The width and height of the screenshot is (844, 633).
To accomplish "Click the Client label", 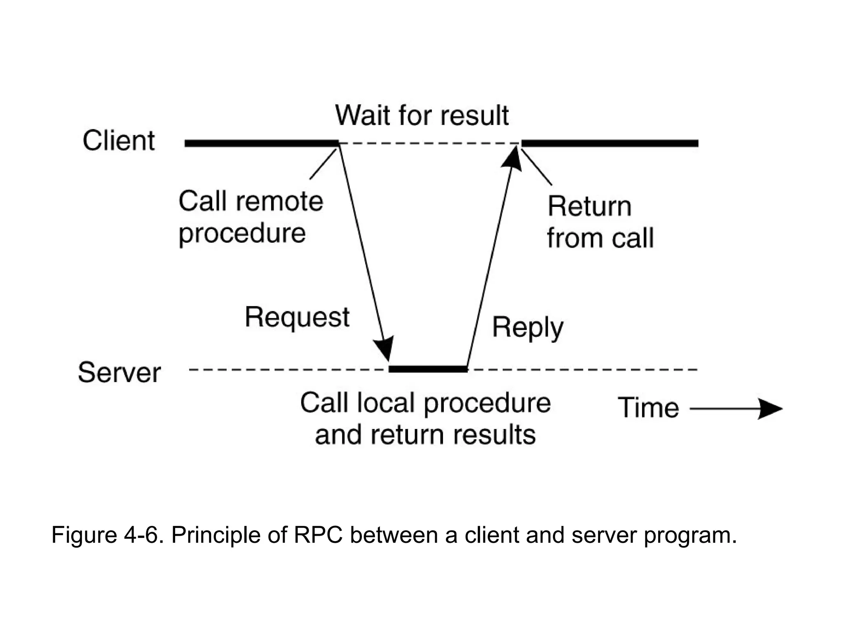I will (119, 141).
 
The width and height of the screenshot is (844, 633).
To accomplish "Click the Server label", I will (119, 373).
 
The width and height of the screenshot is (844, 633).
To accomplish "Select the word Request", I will (297, 317).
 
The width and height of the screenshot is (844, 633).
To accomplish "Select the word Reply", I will (527, 328).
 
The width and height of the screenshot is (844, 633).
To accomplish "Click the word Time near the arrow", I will (648, 408).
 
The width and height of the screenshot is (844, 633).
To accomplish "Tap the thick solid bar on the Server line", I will (428, 369).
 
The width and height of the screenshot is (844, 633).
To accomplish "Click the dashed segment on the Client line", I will (429, 143).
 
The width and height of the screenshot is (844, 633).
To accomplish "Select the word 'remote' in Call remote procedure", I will (280, 202).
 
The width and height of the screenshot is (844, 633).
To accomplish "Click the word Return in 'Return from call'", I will (589, 206).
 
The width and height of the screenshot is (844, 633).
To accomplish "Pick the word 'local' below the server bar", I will (386, 403).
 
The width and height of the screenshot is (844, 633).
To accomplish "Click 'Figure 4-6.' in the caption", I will (105, 535).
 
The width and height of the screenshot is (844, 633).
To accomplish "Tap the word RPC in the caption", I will (318, 535).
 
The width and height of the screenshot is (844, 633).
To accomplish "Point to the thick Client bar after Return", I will (610, 143).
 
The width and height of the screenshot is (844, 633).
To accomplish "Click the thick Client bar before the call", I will (262, 143).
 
